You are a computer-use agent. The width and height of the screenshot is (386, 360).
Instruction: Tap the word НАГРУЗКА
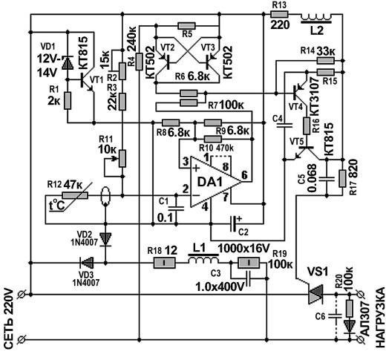point(379,315)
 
